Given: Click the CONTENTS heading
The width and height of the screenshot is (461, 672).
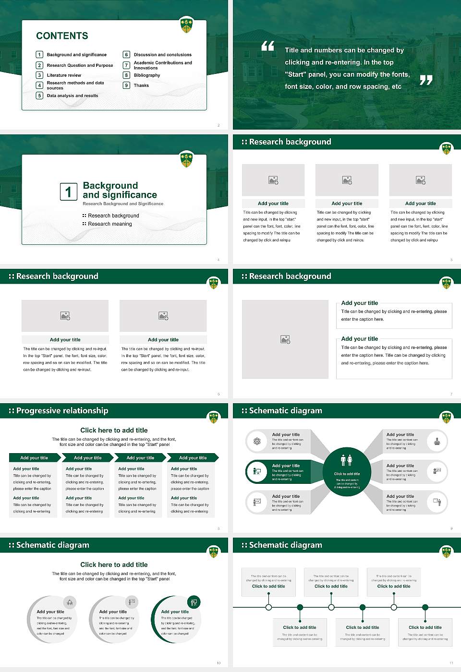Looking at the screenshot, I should point(62,36).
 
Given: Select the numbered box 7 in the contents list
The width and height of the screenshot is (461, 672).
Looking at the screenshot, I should point(127,65).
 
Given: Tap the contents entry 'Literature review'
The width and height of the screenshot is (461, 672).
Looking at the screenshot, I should point(64,75).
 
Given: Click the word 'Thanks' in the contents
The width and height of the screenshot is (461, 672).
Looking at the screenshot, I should point(141,85).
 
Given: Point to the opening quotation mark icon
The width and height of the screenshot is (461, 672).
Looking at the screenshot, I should point(267,46).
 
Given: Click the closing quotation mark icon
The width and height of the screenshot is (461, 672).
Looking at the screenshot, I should point(426,80).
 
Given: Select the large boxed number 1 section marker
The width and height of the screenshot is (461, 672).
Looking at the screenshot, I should point(68,192).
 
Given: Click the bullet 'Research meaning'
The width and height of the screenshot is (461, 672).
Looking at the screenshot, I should point(109,224).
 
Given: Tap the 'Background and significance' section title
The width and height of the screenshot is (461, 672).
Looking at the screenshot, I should point(120,190).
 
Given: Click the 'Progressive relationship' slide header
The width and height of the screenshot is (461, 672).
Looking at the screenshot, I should point(62,411).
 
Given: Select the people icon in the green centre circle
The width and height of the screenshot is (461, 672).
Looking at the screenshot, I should point(346,460).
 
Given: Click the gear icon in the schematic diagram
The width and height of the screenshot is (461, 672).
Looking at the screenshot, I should point(257,442).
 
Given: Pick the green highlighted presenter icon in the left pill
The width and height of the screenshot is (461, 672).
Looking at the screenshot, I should point(257,472).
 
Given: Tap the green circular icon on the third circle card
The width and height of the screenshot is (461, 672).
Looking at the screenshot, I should point(194,602).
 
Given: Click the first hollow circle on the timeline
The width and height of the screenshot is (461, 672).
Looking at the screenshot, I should point(268,607).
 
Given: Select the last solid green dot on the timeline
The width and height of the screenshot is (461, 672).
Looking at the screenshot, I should point(425,607).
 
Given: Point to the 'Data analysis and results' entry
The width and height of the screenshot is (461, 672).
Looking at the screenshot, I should point(73,96).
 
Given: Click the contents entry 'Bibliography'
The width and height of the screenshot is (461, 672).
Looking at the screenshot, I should point(147,75).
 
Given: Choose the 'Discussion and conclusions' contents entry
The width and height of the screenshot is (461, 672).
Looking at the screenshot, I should point(162,55).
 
